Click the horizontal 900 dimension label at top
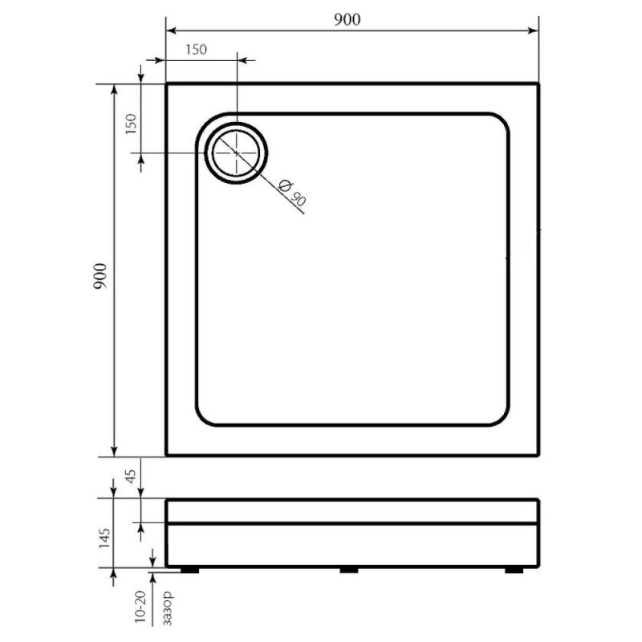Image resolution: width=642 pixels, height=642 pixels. tap(347, 19)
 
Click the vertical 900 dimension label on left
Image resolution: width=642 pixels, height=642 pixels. tap(100, 277)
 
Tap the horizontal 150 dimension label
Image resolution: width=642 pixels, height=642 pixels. tap(196, 50)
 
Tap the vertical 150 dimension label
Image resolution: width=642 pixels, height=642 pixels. tap(131, 124)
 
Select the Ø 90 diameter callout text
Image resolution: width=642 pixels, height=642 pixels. tap(292, 193)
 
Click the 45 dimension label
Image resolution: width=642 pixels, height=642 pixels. tap(131, 476)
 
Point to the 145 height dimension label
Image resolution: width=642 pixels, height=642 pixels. tap(104, 538)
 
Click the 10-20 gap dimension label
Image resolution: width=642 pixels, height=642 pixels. tap(140, 607)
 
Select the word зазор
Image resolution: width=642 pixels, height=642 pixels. tap(168, 608)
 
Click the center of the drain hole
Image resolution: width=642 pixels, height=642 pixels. tap(236, 152)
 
